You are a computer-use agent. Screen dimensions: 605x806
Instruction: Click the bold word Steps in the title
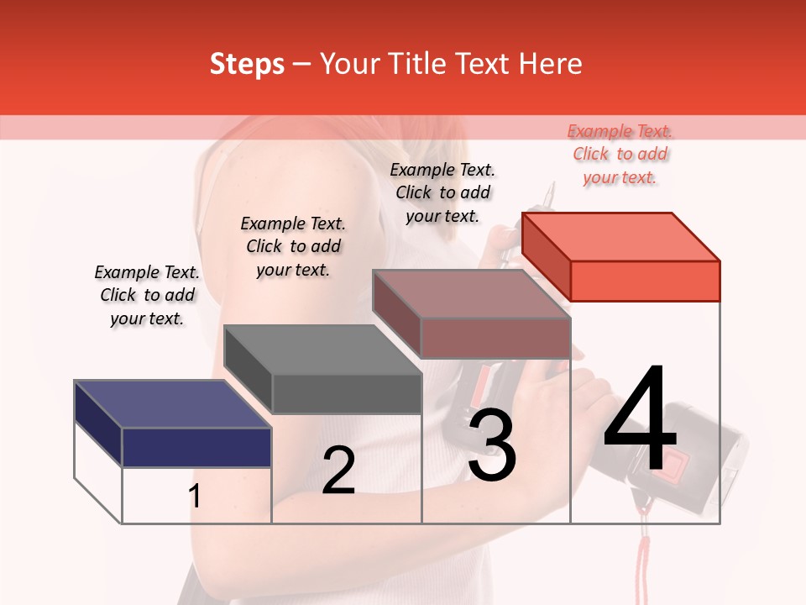click(247, 64)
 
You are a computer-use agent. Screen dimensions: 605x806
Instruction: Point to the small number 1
click(195, 496)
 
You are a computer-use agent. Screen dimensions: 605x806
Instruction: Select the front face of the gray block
click(347, 393)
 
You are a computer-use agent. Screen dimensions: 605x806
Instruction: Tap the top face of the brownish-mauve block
click(470, 294)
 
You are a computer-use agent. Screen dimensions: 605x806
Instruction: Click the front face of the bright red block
click(645, 281)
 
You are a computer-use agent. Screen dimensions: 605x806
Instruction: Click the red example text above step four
click(620, 154)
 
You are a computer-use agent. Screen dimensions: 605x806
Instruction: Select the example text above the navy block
click(147, 295)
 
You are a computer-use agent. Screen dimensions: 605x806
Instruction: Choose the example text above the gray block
click(293, 246)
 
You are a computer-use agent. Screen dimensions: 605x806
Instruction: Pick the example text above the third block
click(442, 192)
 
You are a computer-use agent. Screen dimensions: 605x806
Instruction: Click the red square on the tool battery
click(653, 450)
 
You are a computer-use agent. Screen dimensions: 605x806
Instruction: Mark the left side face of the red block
click(546, 254)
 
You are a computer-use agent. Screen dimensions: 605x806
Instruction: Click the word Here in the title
click(551, 64)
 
